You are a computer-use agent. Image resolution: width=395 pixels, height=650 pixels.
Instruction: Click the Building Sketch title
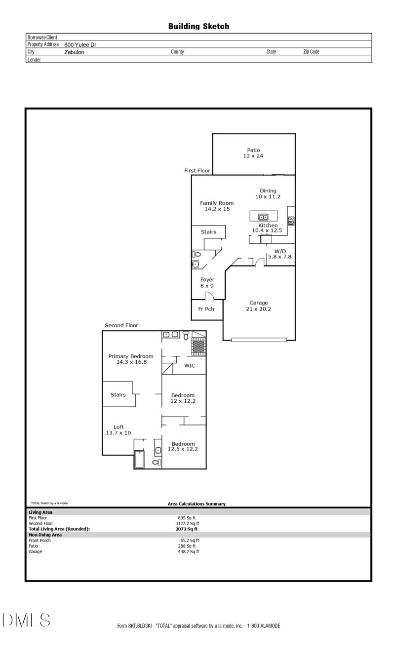click(198, 27)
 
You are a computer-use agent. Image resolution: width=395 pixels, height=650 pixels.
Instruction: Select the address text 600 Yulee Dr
click(80, 44)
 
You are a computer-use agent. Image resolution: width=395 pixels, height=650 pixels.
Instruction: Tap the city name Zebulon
click(74, 52)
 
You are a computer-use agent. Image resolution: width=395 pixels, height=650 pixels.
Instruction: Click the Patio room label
click(254, 150)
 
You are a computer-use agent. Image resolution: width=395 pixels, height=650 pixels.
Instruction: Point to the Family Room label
click(217, 203)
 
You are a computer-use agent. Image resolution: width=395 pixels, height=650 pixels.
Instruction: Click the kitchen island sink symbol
click(263, 216)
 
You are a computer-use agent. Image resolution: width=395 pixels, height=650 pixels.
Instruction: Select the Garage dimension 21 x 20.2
click(259, 309)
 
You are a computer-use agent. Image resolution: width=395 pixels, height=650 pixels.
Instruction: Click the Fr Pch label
click(206, 309)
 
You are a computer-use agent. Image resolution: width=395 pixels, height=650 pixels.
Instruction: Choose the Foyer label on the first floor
click(207, 279)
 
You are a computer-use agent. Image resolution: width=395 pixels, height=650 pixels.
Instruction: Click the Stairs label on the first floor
click(208, 232)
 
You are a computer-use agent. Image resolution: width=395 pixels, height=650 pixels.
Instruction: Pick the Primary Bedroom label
click(131, 356)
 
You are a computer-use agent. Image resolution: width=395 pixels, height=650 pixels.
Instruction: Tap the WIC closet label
click(190, 366)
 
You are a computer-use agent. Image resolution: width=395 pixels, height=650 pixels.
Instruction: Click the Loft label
click(118, 427)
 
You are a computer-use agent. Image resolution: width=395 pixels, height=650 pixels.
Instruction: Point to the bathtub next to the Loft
click(139, 459)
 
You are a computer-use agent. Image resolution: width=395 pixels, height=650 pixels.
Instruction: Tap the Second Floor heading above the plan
click(121, 325)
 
